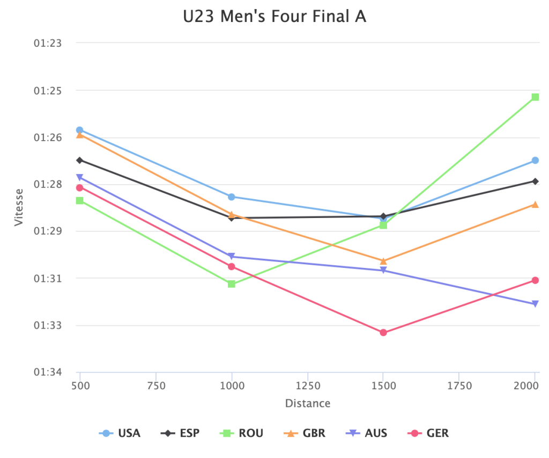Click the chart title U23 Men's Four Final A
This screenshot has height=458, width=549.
pyautogui.click(x=274, y=17)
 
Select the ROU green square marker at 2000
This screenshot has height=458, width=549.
pyautogui.click(x=535, y=97)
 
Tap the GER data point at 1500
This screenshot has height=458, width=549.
pyautogui.click(x=383, y=332)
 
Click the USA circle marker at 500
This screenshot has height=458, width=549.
pyautogui.click(x=80, y=130)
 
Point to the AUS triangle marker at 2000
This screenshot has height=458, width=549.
pyautogui.click(x=535, y=304)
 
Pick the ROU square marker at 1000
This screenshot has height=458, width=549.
pyautogui.click(x=232, y=283)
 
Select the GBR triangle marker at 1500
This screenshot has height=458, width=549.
pyautogui.click(x=383, y=261)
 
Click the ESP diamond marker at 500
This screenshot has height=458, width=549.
pyautogui.click(x=80, y=160)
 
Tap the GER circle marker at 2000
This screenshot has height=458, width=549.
pyautogui.click(x=535, y=280)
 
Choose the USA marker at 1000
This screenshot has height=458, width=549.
pyautogui.click(x=232, y=197)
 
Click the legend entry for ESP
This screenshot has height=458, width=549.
pyautogui.click(x=181, y=433)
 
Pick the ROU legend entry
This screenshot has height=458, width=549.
pyautogui.click(x=242, y=433)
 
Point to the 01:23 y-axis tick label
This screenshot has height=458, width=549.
pyautogui.click(x=48, y=43)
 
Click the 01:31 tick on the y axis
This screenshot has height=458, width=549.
pyautogui.click(x=48, y=278)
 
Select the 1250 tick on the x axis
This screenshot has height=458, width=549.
pyautogui.click(x=308, y=386)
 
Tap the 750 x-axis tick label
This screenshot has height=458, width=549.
pyautogui.click(x=155, y=386)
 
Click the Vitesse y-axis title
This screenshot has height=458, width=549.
pyautogui.click(x=19, y=207)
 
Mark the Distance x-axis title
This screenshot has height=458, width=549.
pyautogui.click(x=308, y=403)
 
